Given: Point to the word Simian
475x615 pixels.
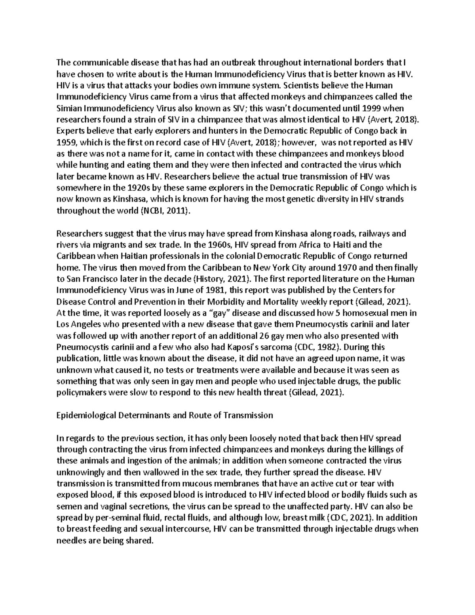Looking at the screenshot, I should (x=68, y=108).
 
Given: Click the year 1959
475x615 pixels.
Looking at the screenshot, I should (x=66, y=142).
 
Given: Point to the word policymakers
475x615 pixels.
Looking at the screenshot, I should (x=82, y=393).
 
